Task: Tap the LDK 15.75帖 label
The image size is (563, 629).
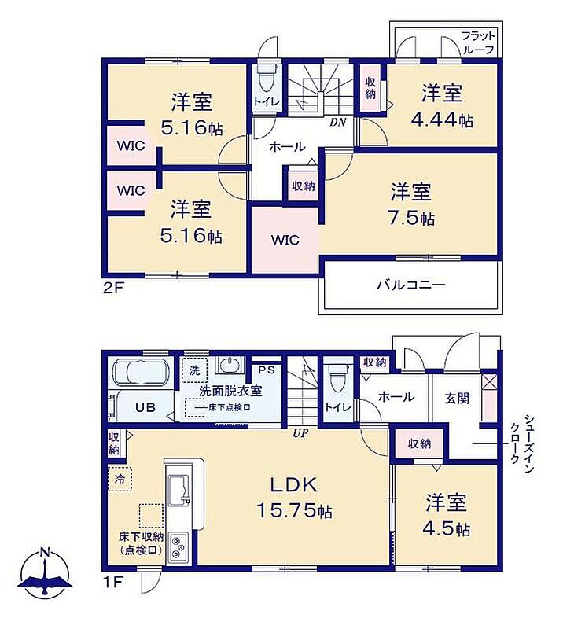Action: pos(294,498)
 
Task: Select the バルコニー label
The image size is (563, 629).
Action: pos(411,285)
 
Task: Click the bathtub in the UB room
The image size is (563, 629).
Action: pos(141,373)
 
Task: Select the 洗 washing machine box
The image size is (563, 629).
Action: pos(195,370)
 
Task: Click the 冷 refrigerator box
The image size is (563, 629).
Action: pos(120,479)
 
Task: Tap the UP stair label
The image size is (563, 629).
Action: pos(300,433)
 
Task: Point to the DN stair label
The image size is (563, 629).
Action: pos(338,123)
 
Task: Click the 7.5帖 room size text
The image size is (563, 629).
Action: pos(411,218)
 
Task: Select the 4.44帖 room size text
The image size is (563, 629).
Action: pos(442,120)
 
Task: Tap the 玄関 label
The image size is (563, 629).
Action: pos(457,399)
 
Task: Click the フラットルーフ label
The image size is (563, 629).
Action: pos(479,42)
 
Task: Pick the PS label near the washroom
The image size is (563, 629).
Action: pos(267,370)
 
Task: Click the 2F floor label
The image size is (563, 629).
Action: pos(112,288)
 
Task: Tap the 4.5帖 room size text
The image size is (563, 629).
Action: pos(446,528)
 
